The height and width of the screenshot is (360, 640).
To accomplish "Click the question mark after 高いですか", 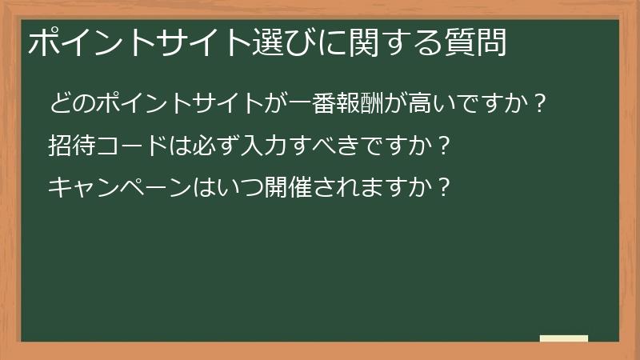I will tap(539, 105).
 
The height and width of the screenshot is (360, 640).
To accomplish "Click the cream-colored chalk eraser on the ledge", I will tap(564, 338).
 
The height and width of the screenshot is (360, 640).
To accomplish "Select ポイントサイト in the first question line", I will tap(180, 105).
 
